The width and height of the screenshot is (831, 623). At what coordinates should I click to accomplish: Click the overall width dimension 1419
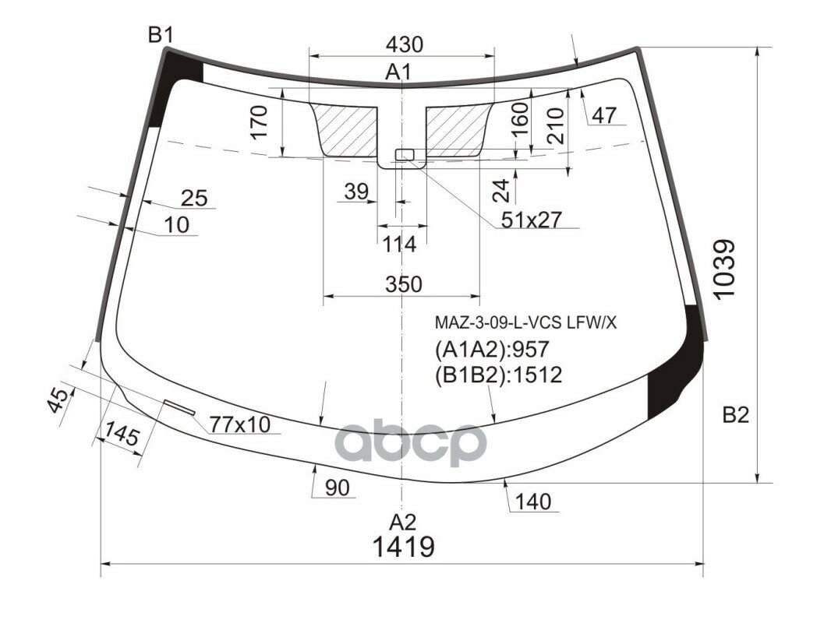pos(403,547)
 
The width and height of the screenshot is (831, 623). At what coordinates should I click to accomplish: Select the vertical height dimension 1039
pos(723,269)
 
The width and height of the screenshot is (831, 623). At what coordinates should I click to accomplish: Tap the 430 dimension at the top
pos(404,44)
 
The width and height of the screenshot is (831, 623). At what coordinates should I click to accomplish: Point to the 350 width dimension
pos(403,284)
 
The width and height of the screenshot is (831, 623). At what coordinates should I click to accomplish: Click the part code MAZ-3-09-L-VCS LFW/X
pos(525,322)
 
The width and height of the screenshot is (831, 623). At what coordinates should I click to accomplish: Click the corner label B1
pos(161,34)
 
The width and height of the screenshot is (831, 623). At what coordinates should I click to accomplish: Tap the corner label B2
pos(734,416)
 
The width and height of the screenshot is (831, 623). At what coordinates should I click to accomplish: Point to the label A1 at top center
pos(398,72)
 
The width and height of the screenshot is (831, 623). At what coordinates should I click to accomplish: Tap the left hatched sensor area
pos(346,129)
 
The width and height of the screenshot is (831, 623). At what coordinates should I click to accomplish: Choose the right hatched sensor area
pos(456,128)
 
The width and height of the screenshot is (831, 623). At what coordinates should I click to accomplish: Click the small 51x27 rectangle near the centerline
pos(404,154)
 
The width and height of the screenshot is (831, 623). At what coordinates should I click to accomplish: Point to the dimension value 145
pos(122,437)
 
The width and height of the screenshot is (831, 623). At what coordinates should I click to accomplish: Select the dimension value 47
pos(604,115)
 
